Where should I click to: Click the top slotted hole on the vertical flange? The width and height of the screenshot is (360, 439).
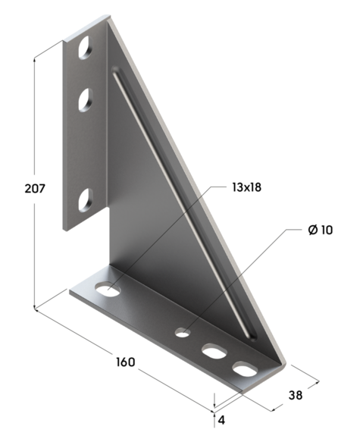click(x=83, y=49)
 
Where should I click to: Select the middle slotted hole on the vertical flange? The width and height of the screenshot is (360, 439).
click(x=84, y=99)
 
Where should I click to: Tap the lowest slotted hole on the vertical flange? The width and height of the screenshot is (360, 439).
click(x=84, y=200)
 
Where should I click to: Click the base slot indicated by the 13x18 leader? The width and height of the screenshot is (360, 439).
click(x=106, y=288)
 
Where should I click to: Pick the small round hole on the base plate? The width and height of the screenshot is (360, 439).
click(x=182, y=331)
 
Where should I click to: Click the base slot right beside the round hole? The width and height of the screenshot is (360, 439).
click(x=213, y=351)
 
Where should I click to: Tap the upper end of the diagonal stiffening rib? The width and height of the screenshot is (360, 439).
click(x=115, y=72)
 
